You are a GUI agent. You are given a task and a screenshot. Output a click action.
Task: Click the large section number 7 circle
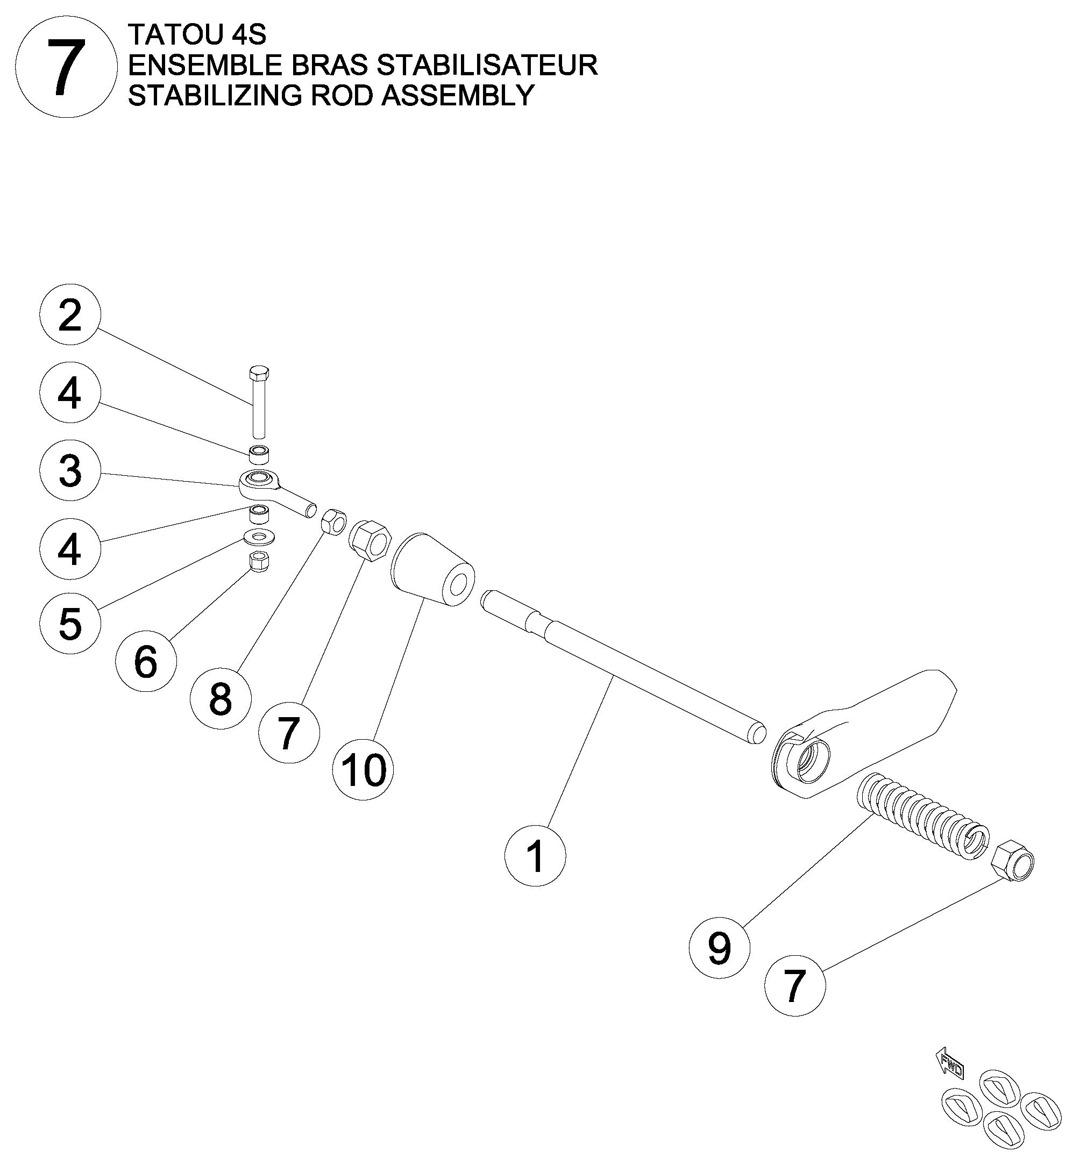(x=63, y=69)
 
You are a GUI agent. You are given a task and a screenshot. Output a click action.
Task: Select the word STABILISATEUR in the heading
(x=486, y=65)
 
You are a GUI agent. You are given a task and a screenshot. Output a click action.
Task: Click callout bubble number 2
(x=70, y=316)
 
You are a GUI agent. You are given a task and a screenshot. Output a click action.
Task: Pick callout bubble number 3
(x=70, y=470)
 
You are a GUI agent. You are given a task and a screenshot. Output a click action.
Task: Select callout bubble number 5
(x=70, y=623)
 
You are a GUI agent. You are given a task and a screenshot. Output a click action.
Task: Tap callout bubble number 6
(x=146, y=662)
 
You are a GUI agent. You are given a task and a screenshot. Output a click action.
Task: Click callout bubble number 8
(x=221, y=698)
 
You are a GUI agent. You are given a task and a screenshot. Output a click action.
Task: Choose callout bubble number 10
(x=363, y=770)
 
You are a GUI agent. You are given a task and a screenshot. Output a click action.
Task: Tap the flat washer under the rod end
(x=258, y=535)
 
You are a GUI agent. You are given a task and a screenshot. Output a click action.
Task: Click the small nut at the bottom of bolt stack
(x=258, y=561)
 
